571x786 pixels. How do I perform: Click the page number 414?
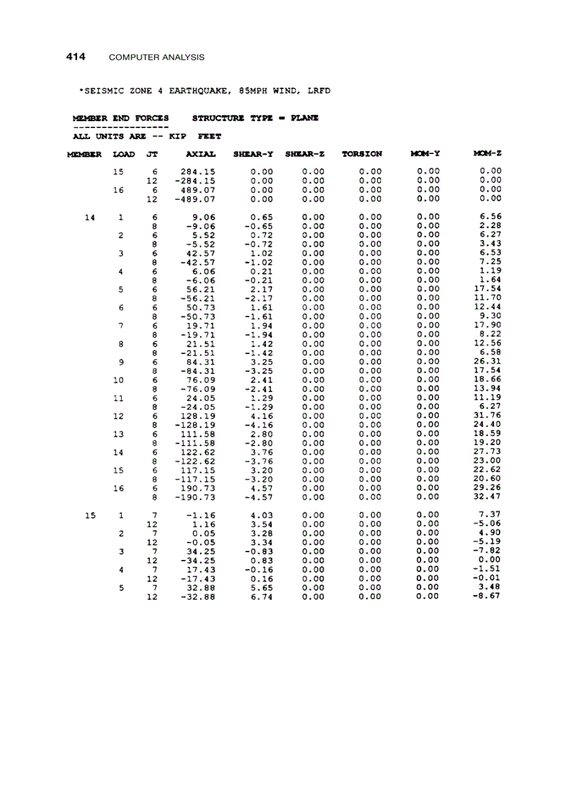click(76, 56)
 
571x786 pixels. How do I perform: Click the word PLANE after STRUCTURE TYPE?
click(304, 118)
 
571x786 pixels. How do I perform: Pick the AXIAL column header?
click(201, 154)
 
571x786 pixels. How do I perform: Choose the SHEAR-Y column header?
click(253, 154)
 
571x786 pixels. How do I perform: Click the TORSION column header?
click(362, 154)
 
